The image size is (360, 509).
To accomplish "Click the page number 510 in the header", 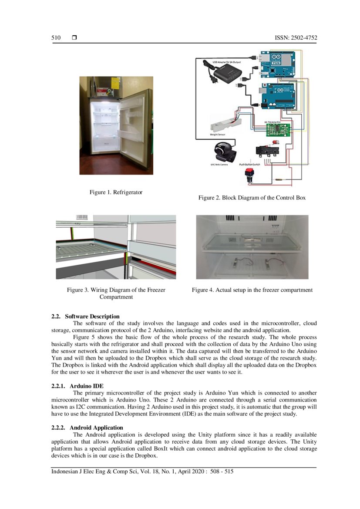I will click(56, 38).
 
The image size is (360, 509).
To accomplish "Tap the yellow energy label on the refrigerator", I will click(116, 83).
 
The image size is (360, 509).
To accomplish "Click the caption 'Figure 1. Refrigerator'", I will click(116, 192).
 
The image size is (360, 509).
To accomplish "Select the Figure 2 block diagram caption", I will click(252, 198).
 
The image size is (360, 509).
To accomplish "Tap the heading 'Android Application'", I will click(96, 428).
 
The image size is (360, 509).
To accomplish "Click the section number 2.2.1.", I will click(59, 386).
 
